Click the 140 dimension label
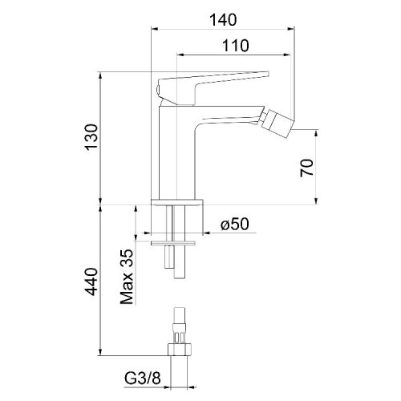click(x=223, y=19)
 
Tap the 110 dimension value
click(x=236, y=46)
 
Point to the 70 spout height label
click(x=306, y=168)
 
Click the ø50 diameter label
click(x=234, y=224)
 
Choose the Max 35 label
click(x=127, y=277)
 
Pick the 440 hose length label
click(x=91, y=282)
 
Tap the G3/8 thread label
click(x=143, y=379)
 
